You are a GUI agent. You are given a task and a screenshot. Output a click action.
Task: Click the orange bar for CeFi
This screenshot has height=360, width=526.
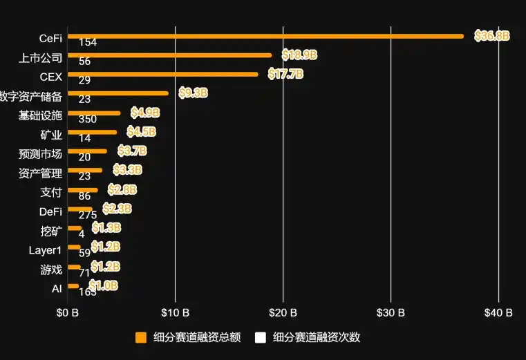point(265,36)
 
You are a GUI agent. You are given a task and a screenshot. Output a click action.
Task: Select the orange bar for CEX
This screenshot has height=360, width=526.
point(162,74)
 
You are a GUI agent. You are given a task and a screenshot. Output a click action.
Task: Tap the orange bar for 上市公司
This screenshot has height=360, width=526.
point(169,55)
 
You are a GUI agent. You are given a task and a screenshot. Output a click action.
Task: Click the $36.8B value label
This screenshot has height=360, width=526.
point(491,36)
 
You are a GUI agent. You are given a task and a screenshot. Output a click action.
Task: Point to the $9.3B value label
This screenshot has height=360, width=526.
point(193,93)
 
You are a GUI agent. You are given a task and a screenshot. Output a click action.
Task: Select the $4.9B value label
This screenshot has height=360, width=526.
point(145,112)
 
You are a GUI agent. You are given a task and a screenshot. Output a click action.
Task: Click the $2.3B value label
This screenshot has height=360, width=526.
point(117,208)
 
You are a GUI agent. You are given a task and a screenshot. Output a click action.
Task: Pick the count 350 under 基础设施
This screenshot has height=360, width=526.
point(88,119)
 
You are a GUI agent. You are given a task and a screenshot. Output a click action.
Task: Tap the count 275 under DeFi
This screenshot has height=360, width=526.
point(88,214)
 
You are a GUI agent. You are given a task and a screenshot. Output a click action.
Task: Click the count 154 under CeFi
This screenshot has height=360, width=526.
point(88,42)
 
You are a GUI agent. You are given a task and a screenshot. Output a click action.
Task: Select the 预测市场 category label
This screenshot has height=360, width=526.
point(40,154)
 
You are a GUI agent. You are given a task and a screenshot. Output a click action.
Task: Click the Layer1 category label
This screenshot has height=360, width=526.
point(45,250)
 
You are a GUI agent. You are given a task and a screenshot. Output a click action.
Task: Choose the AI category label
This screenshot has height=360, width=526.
point(57,289)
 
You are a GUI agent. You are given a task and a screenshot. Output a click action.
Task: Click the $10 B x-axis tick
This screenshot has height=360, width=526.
point(175,313)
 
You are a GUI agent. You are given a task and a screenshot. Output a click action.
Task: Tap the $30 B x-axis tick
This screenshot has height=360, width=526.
point(391,313)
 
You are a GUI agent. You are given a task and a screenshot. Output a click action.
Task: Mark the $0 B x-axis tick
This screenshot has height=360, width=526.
point(68,313)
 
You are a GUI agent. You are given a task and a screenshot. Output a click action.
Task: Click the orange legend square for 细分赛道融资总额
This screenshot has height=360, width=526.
point(141,338)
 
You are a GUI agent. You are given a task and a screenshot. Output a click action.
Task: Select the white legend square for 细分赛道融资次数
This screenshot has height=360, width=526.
point(261,338)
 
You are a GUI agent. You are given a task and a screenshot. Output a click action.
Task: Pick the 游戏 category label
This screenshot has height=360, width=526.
point(51,269)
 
